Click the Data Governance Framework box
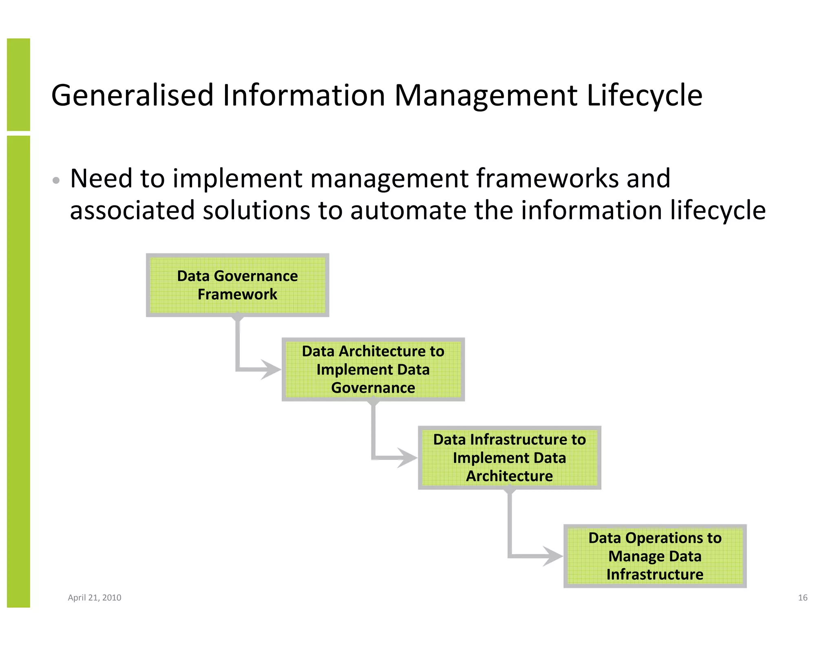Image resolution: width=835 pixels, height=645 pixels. pos(237,285)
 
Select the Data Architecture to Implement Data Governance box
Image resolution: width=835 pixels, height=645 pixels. pos(373,369)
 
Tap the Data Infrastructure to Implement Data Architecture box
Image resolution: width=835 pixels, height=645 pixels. pos(509,457)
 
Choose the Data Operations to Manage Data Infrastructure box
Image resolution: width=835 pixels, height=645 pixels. pos(655,556)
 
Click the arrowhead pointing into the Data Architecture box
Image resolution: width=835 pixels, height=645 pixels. pos(271,370)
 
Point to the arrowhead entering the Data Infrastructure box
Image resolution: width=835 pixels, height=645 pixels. pos(407,457)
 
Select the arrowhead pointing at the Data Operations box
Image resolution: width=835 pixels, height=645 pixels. pos(553,556)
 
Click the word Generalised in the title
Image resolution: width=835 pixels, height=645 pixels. pos(132,95)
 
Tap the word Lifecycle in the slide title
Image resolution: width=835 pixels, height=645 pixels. pos(644,95)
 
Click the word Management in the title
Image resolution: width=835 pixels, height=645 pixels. pos(486,95)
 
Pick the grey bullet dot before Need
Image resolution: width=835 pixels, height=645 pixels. pos(56,180)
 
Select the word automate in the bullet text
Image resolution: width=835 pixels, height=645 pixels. pos(408,210)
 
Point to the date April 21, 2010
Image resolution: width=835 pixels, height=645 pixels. pos(95,598)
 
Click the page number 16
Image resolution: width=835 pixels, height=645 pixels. pos(802,598)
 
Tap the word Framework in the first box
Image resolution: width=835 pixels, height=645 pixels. pos(237,294)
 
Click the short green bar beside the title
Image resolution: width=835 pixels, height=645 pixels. pos(18,84)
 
